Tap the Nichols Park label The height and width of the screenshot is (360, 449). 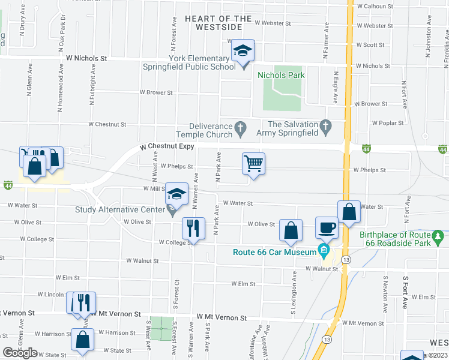pos(281,75)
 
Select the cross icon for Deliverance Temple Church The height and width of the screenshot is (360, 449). pos(240,127)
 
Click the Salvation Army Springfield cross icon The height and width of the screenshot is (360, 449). pos(326,126)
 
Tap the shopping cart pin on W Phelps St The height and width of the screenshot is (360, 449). pos(254,164)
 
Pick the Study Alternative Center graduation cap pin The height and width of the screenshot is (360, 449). pos(176,194)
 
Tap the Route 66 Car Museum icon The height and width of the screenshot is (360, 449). pos(324,249)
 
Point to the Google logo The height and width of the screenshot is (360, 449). pos(20,353)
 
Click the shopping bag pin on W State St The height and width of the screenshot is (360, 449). pos(82,340)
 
